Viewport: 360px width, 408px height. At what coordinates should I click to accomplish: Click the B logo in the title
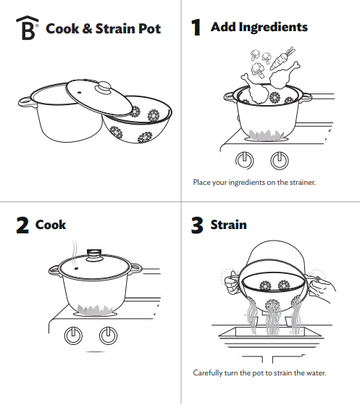pos(27,30)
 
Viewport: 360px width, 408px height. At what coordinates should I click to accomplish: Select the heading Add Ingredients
pos(259,28)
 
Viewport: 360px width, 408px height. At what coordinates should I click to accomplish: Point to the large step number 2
pos(22,226)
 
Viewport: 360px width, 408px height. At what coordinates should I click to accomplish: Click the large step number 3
pos(196,226)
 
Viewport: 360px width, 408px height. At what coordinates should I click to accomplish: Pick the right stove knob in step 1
pos(279,160)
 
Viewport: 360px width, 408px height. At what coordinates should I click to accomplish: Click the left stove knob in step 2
pos(73,336)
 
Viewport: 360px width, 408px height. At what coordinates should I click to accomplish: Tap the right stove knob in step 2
pos(109,336)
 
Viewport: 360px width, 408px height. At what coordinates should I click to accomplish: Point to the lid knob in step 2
pos(93,254)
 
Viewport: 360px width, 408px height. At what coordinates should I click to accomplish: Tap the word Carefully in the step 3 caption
pos(209,372)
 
